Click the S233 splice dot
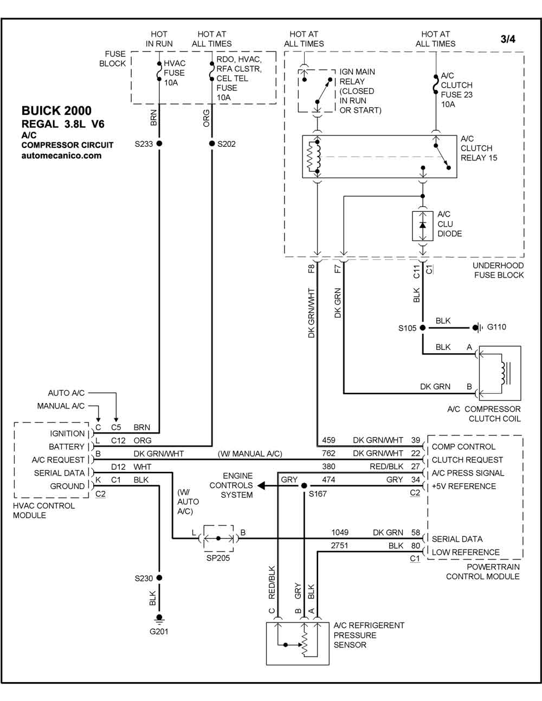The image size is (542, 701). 159,143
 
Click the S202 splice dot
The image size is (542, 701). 211,143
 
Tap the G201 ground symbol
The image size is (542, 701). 159,619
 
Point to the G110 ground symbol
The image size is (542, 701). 477,327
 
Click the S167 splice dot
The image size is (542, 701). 304,485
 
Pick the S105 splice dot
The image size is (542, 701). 423,328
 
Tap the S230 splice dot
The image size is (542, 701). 159,577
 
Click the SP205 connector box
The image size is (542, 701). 218,538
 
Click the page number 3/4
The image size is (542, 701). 508,39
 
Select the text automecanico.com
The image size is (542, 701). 61,155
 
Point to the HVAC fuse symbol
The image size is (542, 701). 159,72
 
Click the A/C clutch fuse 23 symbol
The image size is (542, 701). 436,85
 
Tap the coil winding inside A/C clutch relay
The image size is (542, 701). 314,157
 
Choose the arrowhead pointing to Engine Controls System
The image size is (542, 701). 261,485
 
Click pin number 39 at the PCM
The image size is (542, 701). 416,440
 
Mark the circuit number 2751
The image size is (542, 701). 339,546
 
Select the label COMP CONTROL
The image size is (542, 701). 463,446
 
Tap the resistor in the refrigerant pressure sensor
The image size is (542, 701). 304,644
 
